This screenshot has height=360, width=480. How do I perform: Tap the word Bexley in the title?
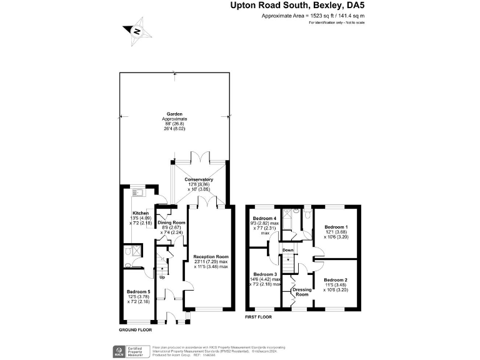[321, 6]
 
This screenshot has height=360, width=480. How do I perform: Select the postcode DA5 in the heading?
[354, 6]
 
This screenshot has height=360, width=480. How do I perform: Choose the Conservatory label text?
[199, 179]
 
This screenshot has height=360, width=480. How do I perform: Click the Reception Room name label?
[211, 257]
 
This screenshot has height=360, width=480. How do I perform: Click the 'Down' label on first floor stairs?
[287, 250]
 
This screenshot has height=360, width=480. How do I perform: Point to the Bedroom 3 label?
[264, 274]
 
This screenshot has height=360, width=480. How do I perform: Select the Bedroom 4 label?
[264, 217]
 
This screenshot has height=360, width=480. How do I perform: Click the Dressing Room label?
[301, 292]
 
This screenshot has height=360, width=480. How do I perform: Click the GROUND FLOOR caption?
[135, 329]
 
